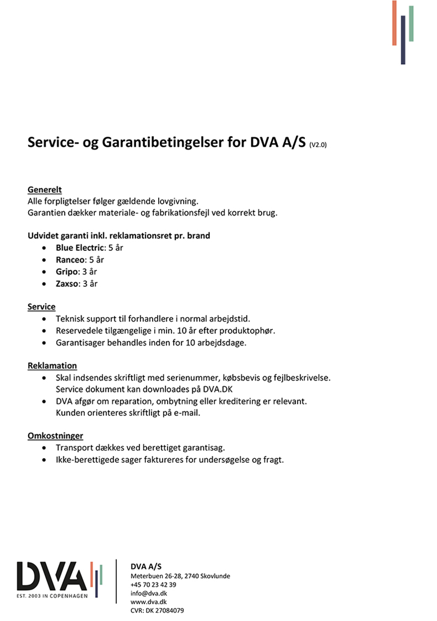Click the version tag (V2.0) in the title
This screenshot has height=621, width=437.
tap(318, 146)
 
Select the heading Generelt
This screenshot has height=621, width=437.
tap(44, 190)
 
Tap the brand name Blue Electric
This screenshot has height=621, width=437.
tap(80, 248)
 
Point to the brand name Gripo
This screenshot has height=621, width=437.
tap(67, 272)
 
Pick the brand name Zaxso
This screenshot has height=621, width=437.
tap(67, 284)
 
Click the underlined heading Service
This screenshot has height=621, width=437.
tap(41, 307)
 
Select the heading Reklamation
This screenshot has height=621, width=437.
tap(52, 366)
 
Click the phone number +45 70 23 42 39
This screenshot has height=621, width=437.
tap(153, 585)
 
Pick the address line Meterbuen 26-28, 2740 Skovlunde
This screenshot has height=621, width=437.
tap(180, 576)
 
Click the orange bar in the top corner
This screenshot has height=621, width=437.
tap(395, 23)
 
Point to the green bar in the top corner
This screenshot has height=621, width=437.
tap(411, 23)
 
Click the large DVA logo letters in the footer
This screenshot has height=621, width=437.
tap(52, 577)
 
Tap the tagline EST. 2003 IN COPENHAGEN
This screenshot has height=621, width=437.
tap(52, 598)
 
